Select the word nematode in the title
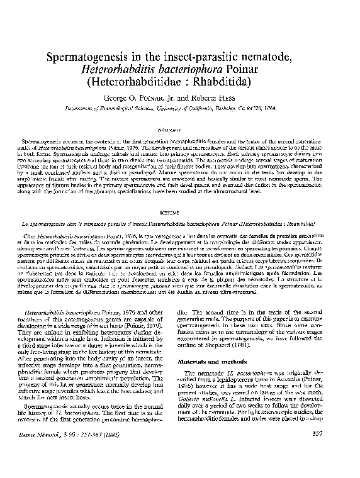click(x=282, y=58)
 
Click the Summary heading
click(x=180, y=125)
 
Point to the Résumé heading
click(x=180, y=213)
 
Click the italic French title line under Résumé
click(x=180, y=223)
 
